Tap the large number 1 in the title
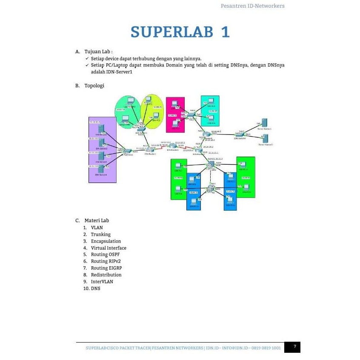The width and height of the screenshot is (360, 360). click(224, 32)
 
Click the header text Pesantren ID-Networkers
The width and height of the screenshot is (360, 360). click(252, 6)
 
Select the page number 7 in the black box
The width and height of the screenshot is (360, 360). click(294, 347)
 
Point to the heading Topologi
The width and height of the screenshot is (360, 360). click(94, 86)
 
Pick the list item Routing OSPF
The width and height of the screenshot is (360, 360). click(105, 254)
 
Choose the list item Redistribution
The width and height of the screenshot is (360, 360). click(106, 275)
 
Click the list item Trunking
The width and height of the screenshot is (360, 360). click(100, 234)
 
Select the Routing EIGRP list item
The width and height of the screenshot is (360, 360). click(106, 268)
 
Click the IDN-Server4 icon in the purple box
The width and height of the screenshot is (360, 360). click(100, 169)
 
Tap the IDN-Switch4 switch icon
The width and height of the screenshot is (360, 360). click(240, 134)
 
